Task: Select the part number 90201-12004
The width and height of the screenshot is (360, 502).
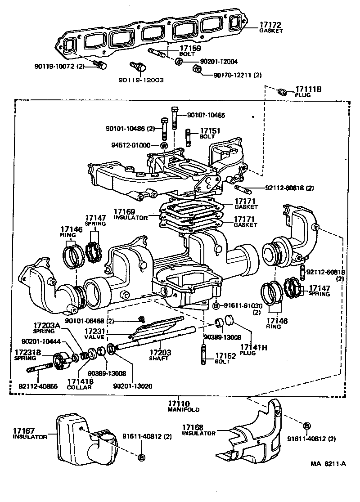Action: pyautogui.click(x=212, y=61)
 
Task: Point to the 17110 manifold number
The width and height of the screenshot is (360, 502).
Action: pyautogui.click(x=177, y=404)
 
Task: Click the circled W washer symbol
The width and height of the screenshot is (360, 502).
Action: pyautogui.click(x=164, y=145)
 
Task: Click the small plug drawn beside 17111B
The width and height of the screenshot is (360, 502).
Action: pyautogui.click(x=283, y=92)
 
